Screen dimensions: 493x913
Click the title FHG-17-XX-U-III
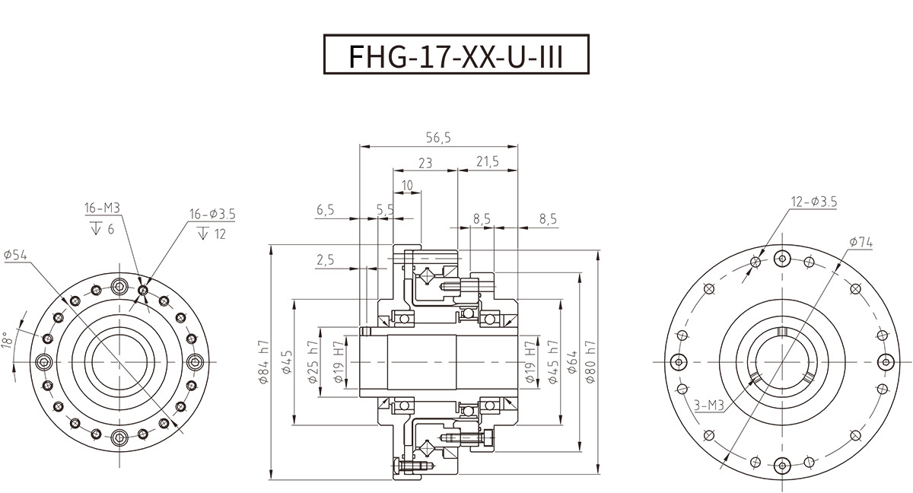(x=456, y=55)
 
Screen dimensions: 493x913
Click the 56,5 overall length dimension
(x=439, y=138)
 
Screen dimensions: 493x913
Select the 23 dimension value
(x=425, y=162)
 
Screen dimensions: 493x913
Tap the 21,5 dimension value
(x=487, y=162)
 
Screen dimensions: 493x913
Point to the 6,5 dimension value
(x=325, y=210)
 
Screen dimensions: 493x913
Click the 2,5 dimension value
(x=325, y=260)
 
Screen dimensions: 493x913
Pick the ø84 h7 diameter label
(x=264, y=363)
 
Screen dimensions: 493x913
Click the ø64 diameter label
(x=571, y=363)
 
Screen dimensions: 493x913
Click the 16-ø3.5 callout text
(x=212, y=215)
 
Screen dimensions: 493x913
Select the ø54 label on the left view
(x=15, y=256)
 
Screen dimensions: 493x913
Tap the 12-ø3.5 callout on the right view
(x=814, y=202)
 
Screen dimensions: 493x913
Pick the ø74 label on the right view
(x=861, y=243)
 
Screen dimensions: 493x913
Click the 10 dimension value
(x=407, y=186)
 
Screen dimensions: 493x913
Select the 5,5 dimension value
(x=385, y=210)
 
